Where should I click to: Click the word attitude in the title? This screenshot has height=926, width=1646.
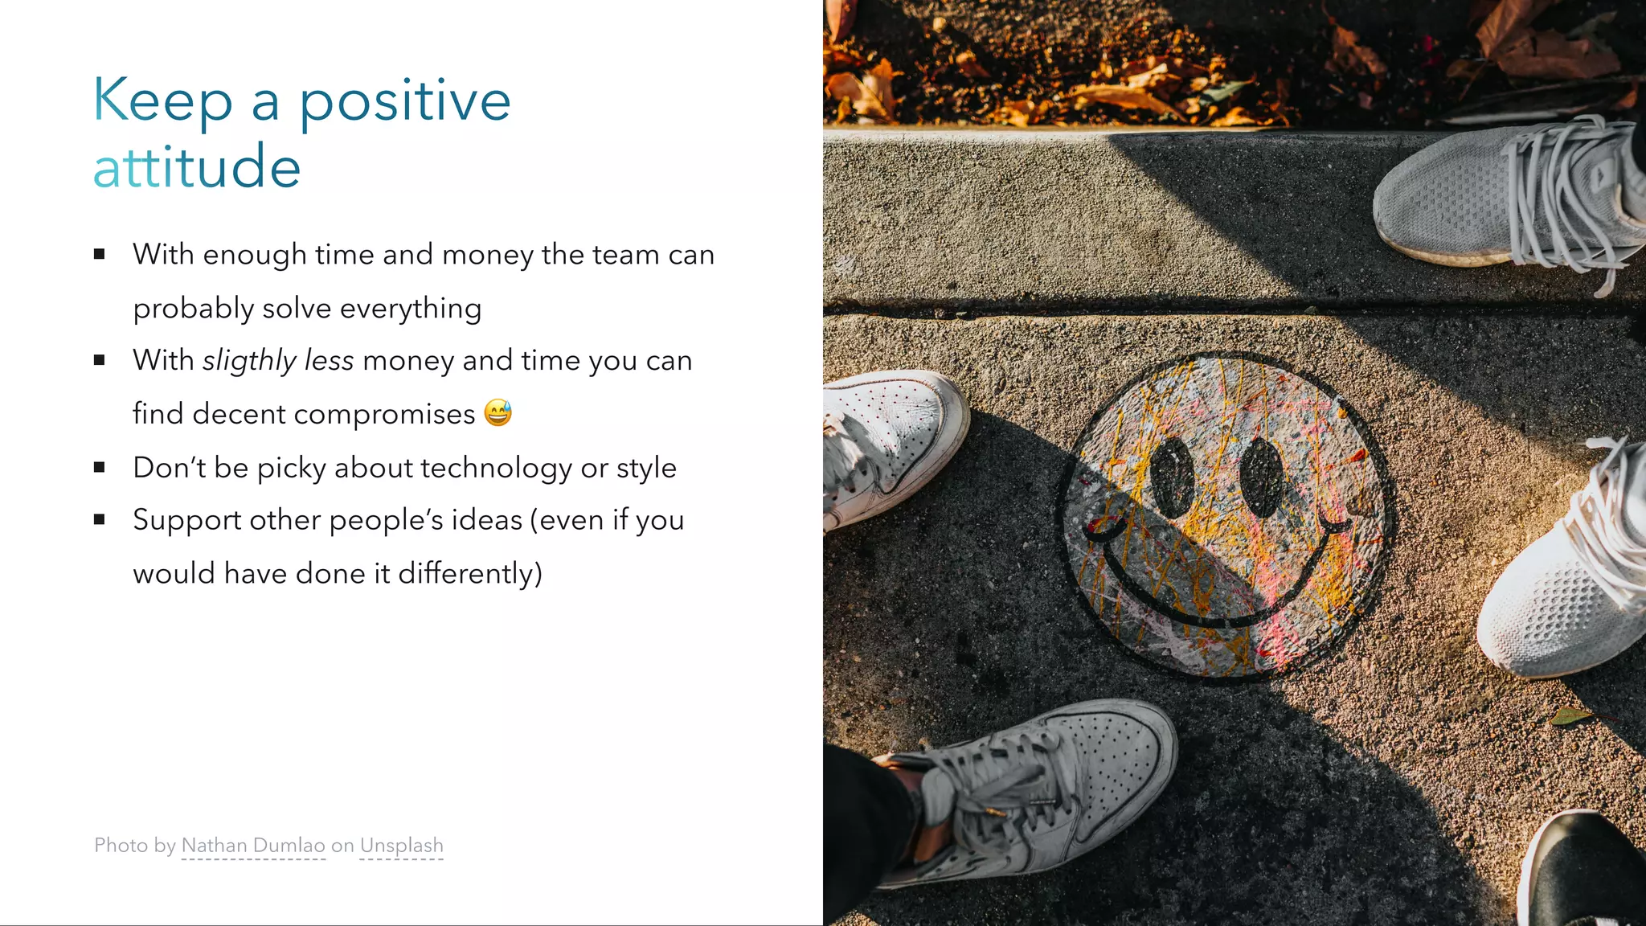(197, 166)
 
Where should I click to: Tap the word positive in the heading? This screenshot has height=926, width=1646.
(405, 101)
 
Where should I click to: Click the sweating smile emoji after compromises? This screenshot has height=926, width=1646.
(497, 412)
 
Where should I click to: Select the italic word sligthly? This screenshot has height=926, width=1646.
(249, 361)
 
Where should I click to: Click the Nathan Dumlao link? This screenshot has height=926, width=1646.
(253, 846)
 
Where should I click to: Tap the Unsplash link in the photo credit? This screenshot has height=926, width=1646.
(401, 846)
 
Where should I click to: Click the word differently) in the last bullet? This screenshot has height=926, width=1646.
(470, 574)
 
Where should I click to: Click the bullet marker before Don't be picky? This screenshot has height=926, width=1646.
(100, 467)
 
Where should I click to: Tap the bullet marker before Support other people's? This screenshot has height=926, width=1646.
(100, 520)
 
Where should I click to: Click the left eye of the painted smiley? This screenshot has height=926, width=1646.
(1172, 477)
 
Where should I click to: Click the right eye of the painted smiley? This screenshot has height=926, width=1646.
(1261, 477)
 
